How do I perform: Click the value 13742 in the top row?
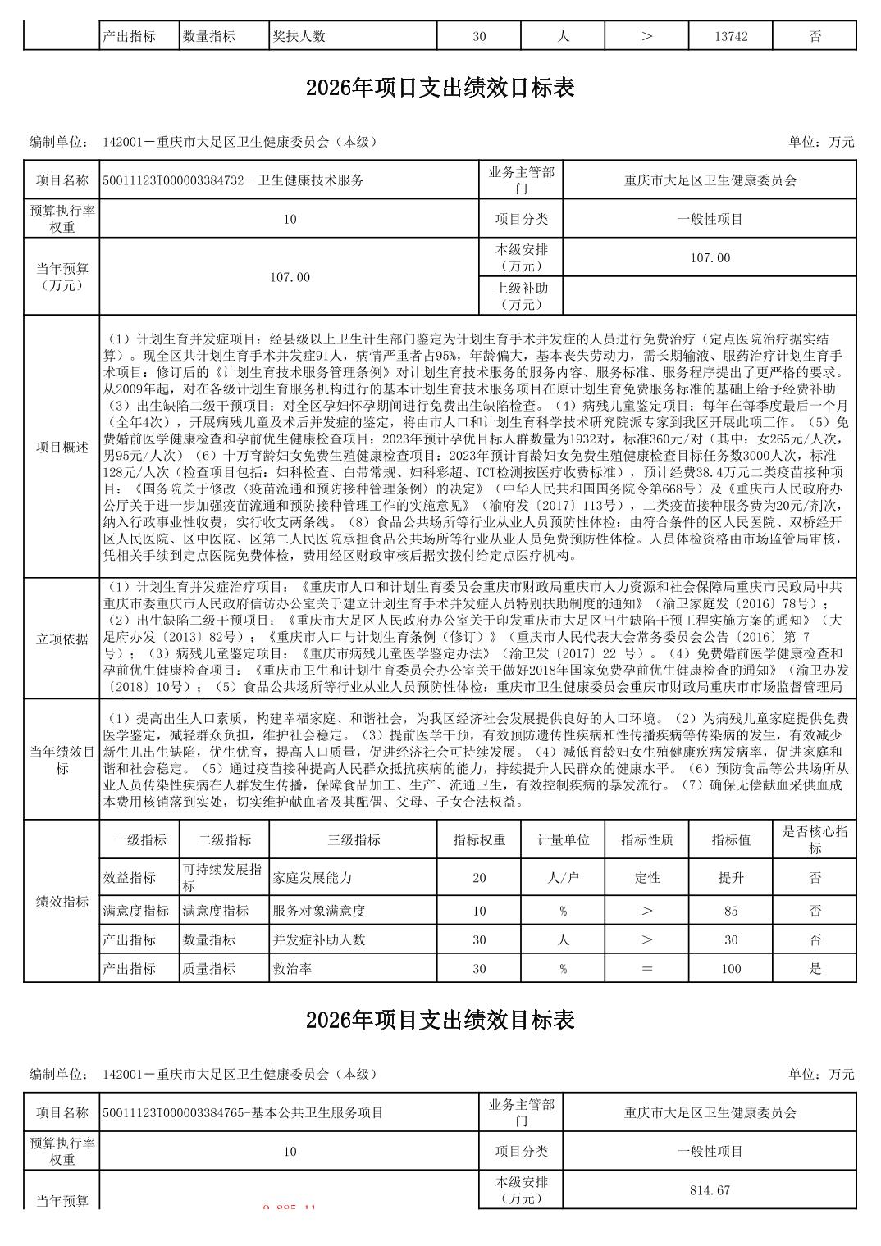tap(731, 36)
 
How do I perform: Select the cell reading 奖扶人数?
tap(299, 36)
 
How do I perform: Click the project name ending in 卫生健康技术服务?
tap(234, 180)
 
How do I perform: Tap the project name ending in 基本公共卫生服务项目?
tap(243, 1112)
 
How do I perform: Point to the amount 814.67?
tap(710, 1190)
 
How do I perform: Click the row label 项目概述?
tap(62, 447)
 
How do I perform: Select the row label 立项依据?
tap(62, 639)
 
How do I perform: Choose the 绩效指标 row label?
tap(62, 902)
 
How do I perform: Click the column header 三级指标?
tap(354, 839)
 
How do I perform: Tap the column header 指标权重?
tap(479, 839)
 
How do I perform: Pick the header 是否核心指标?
tap(815, 839)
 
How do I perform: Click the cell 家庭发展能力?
tap(313, 877)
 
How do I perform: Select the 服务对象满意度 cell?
tap(319, 910)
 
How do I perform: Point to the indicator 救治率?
tap(293, 968)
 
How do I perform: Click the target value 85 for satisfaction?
tap(731, 910)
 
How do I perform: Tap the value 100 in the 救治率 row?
tap(731, 968)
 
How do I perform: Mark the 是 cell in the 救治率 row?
tap(815, 968)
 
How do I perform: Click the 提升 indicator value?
tap(731, 877)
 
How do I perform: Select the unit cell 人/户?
tap(563, 877)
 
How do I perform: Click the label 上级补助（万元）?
tap(521, 296)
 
